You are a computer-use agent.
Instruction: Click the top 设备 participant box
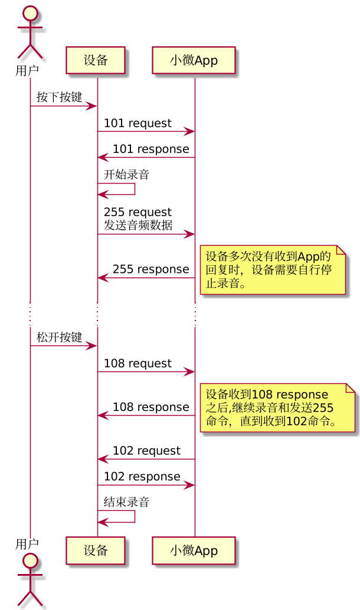pyautogui.click(x=96, y=60)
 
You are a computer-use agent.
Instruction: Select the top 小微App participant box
pyautogui.click(x=194, y=60)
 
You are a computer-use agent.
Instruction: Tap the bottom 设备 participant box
pyautogui.click(x=96, y=550)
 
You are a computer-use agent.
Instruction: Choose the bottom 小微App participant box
pyautogui.click(x=194, y=550)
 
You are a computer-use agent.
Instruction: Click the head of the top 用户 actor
pyautogui.click(x=30, y=13)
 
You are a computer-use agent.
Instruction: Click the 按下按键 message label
pyautogui.click(x=59, y=97)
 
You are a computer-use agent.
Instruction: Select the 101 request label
pyautogui.click(x=138, y=123)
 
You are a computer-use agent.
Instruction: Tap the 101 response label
pyautogui.click(x=150, y=149)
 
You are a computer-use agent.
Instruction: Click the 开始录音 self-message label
pyautogui.click(x=126, y=175)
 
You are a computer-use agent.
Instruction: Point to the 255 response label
pyautogui.click(x=150, y=269)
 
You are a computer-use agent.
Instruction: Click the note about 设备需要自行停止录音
pyautogui.click(x=271, y=270)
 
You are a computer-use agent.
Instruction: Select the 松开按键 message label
pyautogui.click(x=59, y=338)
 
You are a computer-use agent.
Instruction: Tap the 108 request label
pyautogui.click(x=138, y=364)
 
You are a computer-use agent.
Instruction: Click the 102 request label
pyautogui.click(x=146, y=451)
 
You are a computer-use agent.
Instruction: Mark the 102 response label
pyautogui.click(x=142, y=477)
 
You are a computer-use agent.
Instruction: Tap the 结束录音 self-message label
pyautogui.click(x=126, y=503)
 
